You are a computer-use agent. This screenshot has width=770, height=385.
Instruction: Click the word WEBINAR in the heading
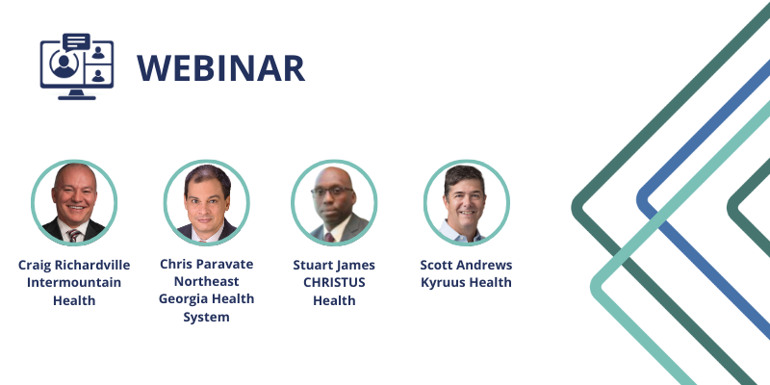coord(220,68)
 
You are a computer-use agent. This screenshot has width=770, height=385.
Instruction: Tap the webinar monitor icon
coord(77,66)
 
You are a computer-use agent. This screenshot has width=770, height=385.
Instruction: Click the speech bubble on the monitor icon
coord(77,41)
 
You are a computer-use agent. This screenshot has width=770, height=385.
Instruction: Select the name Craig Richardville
coord(74,266)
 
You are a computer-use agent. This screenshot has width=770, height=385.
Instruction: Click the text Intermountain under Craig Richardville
coord(74,282)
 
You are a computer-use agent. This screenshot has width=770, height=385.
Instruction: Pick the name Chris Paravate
coord(207,264)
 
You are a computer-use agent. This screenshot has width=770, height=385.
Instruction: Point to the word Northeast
coord(207,281)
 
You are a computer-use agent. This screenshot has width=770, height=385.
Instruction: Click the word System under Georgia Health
coord(207,317)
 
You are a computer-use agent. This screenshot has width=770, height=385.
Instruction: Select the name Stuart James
coord(334,266)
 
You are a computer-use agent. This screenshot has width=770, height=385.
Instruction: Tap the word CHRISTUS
coord(334,282)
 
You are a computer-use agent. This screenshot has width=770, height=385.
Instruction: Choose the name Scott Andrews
coord(466,266)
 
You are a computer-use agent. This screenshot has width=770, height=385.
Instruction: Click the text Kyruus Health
coord(466,283)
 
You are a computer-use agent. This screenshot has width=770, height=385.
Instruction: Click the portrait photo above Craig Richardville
coord(74,202)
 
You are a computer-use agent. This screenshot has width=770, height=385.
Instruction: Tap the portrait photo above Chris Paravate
coord(207,202)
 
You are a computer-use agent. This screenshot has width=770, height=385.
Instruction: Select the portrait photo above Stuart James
coord(334,202)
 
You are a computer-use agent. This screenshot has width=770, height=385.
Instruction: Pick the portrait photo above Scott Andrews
coord(467,202)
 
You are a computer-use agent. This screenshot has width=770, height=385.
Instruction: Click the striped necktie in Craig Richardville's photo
coord(74,236)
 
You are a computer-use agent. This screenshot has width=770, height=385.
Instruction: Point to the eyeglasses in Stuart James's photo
coord(332,192)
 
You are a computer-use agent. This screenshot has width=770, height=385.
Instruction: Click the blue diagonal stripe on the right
coord(703,196)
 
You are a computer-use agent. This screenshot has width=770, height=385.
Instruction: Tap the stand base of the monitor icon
coord(77,97)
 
